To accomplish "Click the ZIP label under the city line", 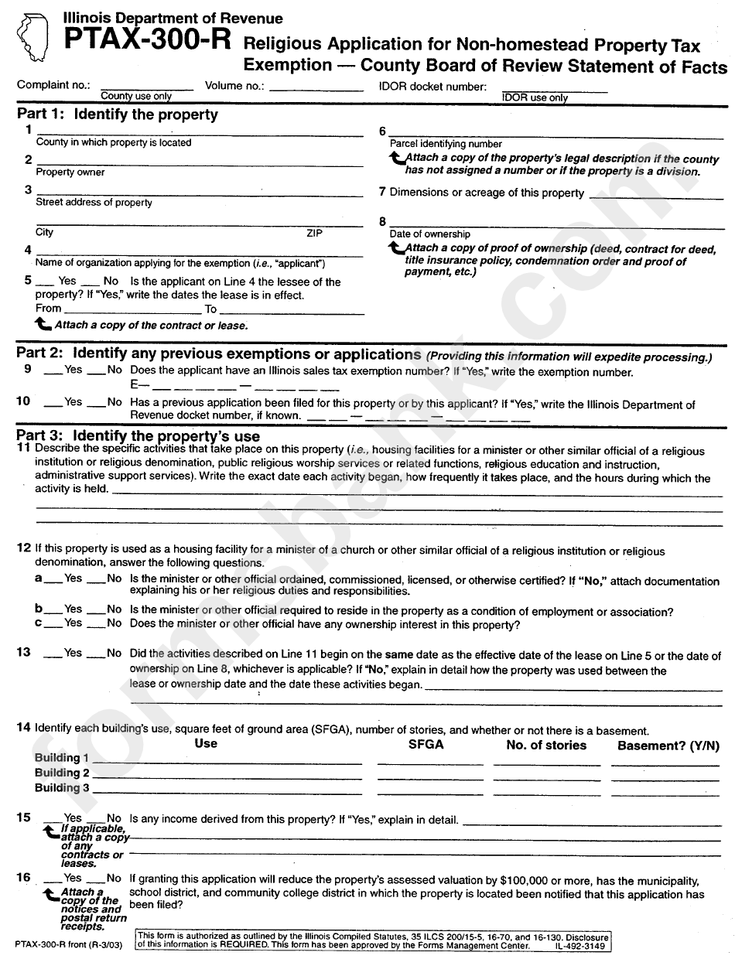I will (314, 233).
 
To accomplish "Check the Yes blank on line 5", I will (46, 283).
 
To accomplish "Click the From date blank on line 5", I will (131, 310).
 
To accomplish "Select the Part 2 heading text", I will (218, 355).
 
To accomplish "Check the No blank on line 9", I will (95, 373).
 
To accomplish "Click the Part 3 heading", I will (138, 436).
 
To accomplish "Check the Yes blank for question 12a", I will (53, 581).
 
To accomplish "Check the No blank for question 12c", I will (95, 625).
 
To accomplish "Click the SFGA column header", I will (426, 745).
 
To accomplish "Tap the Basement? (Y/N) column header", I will (668, 746).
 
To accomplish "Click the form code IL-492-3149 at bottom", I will (579, 946).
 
